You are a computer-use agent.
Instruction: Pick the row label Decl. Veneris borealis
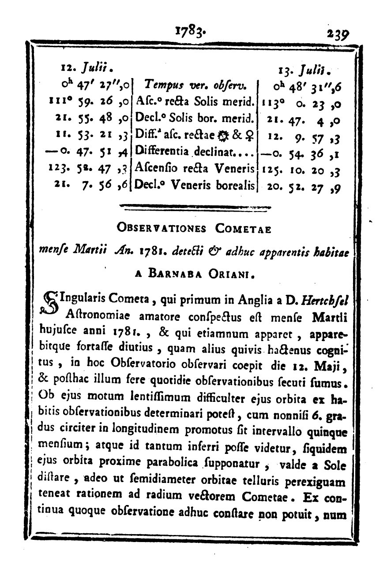click(195, 185)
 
